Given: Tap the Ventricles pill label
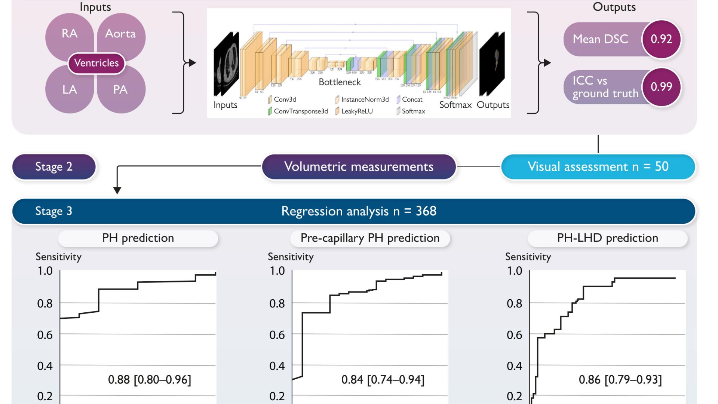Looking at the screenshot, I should pos(96,63).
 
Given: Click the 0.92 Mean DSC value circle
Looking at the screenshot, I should pos(661,39).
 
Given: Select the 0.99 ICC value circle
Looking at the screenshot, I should pos(661,87).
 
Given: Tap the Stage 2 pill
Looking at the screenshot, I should pos(54,166).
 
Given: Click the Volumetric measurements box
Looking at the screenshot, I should pos(359,166).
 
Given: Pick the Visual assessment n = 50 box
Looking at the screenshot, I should pos(598,166).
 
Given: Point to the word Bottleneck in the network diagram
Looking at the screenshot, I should pos(340,82).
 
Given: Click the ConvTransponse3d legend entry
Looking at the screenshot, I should pos(300,111).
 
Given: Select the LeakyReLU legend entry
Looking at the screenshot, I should pos(357,111).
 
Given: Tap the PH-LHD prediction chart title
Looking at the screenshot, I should pos(607,238).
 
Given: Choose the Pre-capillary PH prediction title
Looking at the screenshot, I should pos(370,238).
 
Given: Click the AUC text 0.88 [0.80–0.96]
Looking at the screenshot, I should pos(150,380).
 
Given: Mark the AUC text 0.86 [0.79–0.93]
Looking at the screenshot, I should pos(620,380).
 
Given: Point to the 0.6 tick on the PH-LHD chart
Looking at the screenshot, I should pos(515,335).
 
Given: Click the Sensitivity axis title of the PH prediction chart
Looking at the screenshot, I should pos(58,257).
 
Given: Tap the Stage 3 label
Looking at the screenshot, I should pos(54,211).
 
